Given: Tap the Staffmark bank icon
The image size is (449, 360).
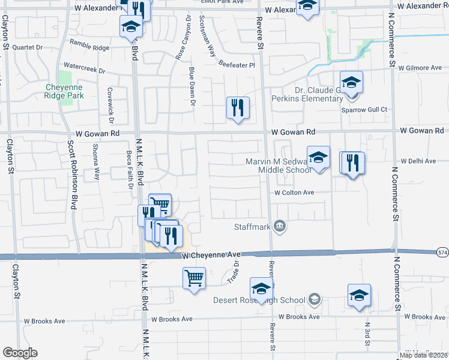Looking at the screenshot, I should (279, 226).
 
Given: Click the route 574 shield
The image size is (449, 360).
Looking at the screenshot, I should (442, 252).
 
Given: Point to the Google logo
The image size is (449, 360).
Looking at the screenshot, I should (20, 353).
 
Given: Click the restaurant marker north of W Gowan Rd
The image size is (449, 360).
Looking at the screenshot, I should (238, 108).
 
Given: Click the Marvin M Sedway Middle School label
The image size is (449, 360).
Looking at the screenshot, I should (278, 166).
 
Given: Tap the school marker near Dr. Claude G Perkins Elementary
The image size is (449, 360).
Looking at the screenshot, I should (351, 82).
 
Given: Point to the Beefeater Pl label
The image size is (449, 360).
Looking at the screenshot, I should (237, 64).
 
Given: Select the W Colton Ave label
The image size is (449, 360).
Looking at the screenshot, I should (294, 193).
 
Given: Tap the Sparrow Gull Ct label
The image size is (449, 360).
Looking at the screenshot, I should (364, 110).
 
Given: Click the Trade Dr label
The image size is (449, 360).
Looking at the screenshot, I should (234, 272).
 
